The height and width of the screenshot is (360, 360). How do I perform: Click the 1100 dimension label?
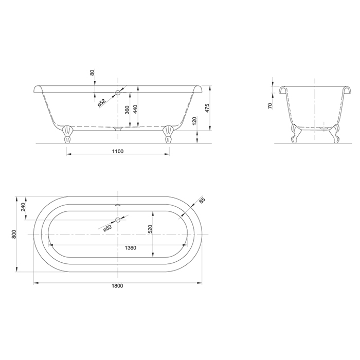(x=118, y=151)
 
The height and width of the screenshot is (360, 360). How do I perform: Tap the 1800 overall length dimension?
(x=118, y=286)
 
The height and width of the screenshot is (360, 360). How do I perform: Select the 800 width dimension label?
(x=14, y=234)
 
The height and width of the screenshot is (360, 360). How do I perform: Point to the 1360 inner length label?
(x=131, y=248)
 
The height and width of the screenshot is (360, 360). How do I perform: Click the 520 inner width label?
(x=150, y=229)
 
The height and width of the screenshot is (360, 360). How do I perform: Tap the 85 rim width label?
(x=202, y=201)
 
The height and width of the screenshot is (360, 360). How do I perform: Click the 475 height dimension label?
(x=207, y=108)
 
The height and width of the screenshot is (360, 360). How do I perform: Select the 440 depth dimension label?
(x=135, y=109)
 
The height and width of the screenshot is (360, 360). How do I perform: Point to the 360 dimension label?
(x=128, y=110)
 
